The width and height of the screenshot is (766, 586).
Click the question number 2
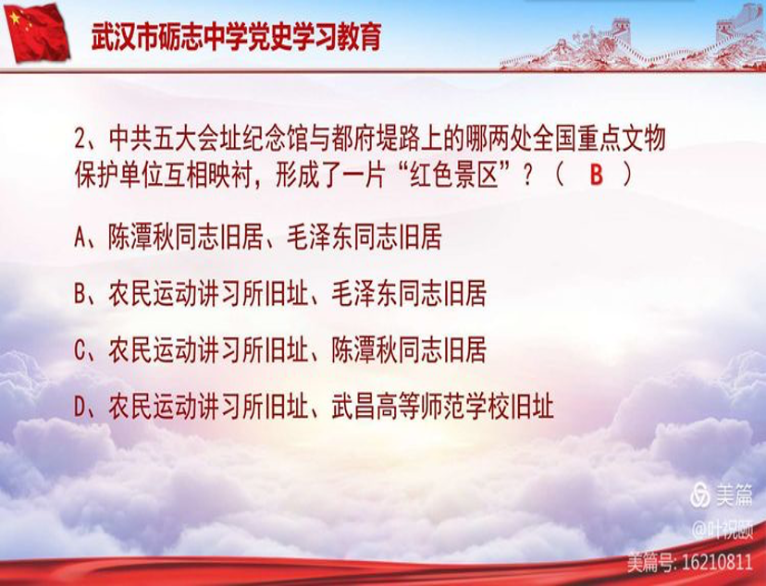point(80,140)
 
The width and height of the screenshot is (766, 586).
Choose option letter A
point(80,238)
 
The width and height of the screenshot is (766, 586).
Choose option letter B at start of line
point(80,294)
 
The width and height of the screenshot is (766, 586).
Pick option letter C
point(80,349)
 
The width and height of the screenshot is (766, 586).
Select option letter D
point(80,405)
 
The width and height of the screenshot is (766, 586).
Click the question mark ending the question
point(527,176)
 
